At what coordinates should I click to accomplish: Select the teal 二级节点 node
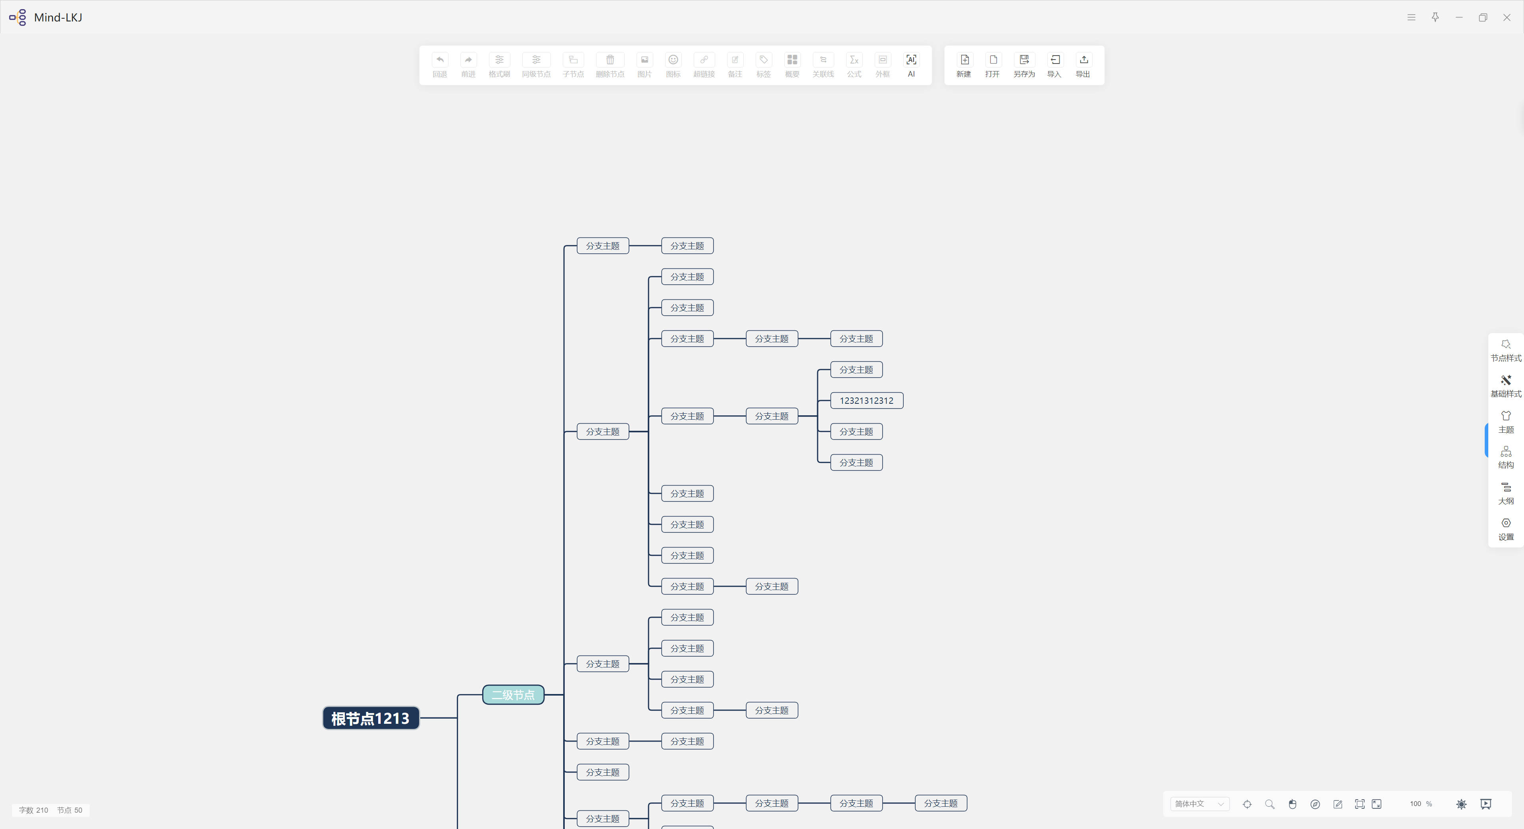(x=513, y=695)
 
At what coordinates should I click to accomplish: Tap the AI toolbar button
(x=911, y=65)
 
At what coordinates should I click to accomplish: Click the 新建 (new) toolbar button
(x=964, y=65)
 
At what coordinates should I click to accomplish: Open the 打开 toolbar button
(x=992, y=65)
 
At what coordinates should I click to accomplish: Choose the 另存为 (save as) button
(x=1024, y=65)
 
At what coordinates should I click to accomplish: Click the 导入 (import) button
(x=1054, y=65)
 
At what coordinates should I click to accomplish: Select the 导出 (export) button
(x=1083, y=65)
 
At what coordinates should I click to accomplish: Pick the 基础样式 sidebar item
(x=1506, y=386)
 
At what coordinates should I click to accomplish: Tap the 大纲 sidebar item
(x=1506, y=494)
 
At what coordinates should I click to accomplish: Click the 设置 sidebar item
(x=1506, y=530)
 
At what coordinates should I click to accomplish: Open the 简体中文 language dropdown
(x=1199, y=804)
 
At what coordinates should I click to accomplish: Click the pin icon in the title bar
(x=1435, y=17)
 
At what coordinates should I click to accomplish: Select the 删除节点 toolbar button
(x=610, y=65)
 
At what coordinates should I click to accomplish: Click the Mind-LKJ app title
(x=58, y=17)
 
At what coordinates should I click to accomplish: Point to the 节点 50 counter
(x=70, y=810)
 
